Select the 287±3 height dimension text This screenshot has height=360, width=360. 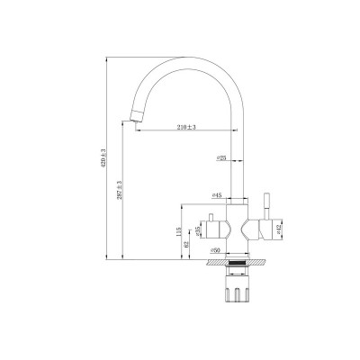coord(119,188)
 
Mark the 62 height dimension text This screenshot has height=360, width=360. coord(186,243)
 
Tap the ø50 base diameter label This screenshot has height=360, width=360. coord(215,251)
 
